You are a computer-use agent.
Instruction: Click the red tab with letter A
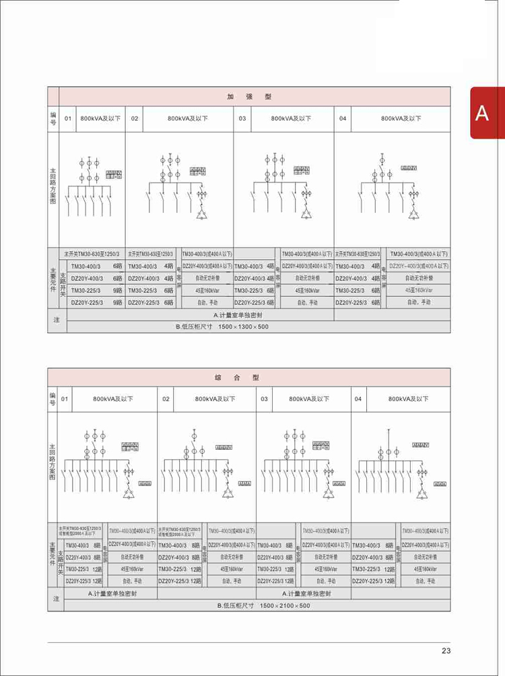pos(482,113)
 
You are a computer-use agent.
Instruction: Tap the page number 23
pos(446,650)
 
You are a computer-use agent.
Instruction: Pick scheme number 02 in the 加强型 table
pos(135,119)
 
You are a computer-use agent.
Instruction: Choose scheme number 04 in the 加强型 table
pos(343,119)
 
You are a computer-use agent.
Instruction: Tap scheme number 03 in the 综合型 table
pos(265,399)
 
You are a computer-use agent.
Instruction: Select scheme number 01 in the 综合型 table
pos(65,399)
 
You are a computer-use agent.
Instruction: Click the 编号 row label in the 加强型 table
pos(53,119)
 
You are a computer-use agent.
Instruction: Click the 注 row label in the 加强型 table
pos(57,320)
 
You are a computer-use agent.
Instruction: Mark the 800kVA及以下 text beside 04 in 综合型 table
pos(408,399)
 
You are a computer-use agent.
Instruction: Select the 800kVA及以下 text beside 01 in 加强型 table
pos(100,119)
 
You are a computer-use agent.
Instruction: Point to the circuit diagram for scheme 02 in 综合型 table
pos(206,465)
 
